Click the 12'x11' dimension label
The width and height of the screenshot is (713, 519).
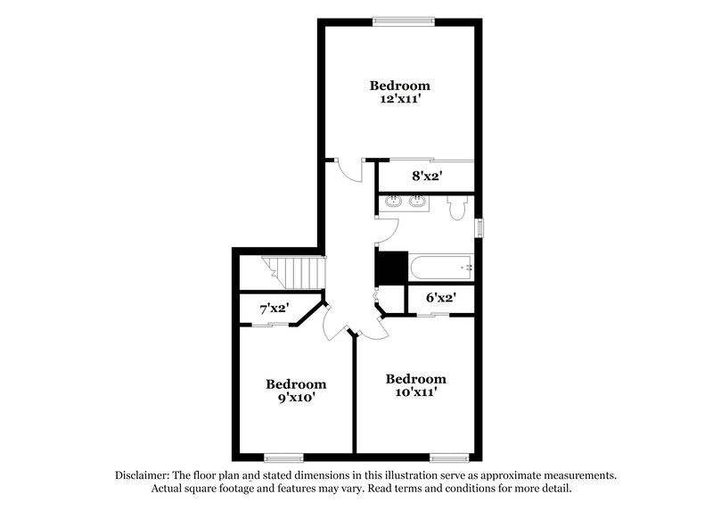[400, 101]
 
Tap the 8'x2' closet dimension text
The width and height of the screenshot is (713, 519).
[427, 177]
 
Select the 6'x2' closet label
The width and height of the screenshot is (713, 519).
[440, 299]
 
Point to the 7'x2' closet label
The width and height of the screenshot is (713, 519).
[273, 309]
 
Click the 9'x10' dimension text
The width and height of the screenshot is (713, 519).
[296, 399]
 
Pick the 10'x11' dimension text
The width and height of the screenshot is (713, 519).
[415, 392]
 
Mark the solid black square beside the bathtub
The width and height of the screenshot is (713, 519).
[391, 267]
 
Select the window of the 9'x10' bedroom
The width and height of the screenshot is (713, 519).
[283, 457]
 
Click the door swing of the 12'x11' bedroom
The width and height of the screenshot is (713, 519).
[352, 171]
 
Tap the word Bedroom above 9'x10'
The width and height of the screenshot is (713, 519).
[296, 384]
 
